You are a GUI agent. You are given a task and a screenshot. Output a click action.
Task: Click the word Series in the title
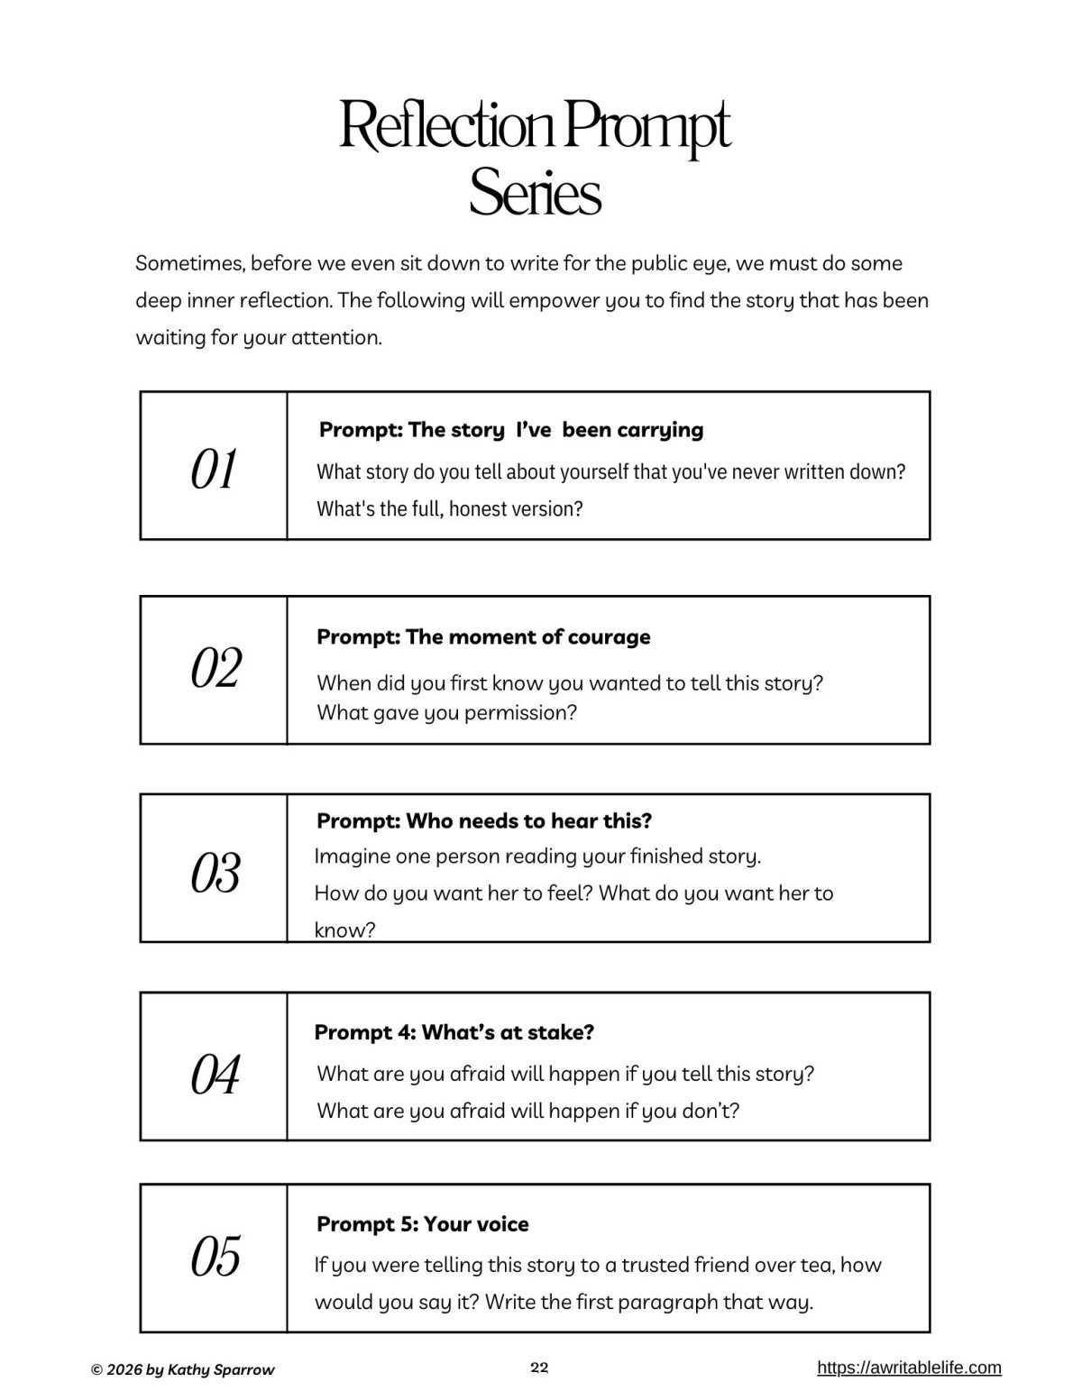pos(535,192)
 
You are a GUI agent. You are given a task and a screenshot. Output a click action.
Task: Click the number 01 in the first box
pos(214,469)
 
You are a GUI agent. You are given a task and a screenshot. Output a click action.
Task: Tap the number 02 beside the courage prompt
pos(215,668)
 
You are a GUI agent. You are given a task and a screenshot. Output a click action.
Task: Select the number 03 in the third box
pos(215,873)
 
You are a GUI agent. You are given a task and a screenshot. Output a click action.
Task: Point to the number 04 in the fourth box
pos(215,1075)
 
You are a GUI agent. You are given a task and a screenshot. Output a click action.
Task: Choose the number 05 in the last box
pos(215,1257)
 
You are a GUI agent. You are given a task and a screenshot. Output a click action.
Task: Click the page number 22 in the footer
pos(539,1368)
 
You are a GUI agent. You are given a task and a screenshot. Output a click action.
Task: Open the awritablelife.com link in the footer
pos(909,1368)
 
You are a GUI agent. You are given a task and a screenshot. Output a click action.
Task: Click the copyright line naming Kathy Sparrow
pos(183,1369)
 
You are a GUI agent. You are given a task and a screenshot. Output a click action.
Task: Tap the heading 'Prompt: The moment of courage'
pos(483,636)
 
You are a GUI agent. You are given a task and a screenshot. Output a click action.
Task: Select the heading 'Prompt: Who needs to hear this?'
pos(484,820)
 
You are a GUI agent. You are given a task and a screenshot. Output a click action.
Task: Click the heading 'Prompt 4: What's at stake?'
pos(454,1032)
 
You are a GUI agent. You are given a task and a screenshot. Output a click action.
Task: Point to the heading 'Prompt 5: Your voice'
pos(422,1223)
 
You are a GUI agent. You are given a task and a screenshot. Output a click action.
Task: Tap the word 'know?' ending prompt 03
pos(344,929)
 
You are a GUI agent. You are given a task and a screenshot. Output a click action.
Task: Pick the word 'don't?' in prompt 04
pos(710,1111)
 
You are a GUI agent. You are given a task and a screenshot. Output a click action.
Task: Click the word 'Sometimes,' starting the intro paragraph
pos(189,263)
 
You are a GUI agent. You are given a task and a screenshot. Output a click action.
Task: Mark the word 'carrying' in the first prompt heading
pos(660,429)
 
